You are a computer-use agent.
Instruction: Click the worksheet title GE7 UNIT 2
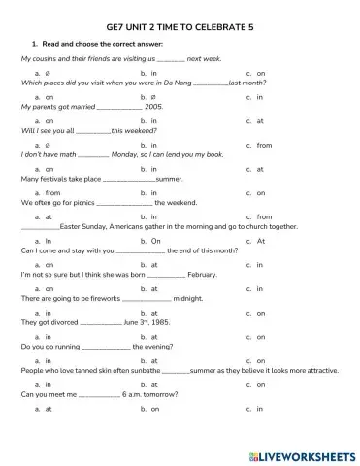click(x=180, y=30)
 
